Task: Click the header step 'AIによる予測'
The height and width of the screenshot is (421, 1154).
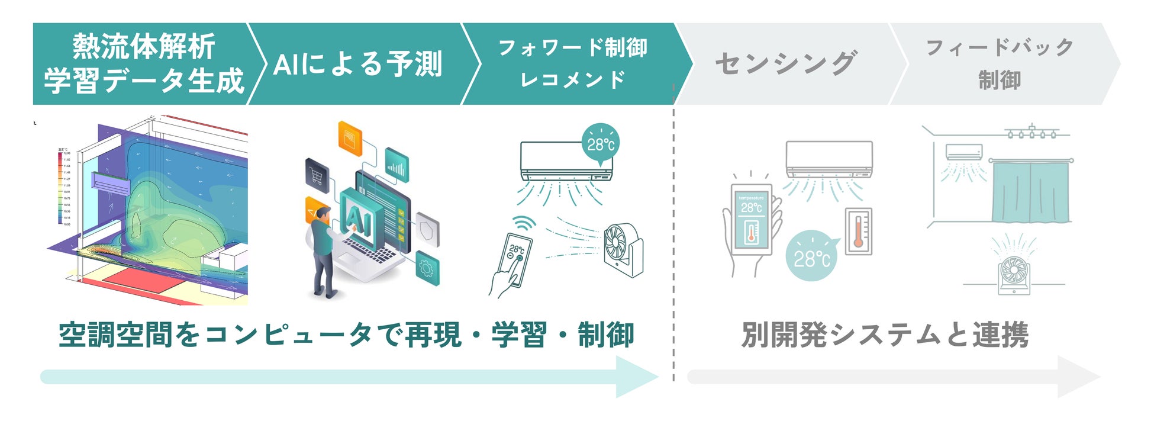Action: point(357,64)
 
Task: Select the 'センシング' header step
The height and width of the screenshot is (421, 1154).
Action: point(786,63)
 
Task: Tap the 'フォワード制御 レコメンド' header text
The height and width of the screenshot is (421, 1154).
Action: point(573,63)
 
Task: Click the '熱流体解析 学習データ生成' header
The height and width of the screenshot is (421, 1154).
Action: point(144,63)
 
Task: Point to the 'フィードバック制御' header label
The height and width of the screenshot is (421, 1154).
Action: point(1000,63)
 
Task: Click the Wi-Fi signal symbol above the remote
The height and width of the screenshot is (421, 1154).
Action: point(524,224)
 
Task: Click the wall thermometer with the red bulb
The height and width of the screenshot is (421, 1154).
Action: point(858,231)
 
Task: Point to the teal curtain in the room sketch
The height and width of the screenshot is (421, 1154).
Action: point(1030,192)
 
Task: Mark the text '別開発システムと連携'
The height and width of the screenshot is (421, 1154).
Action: point(885,335)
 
